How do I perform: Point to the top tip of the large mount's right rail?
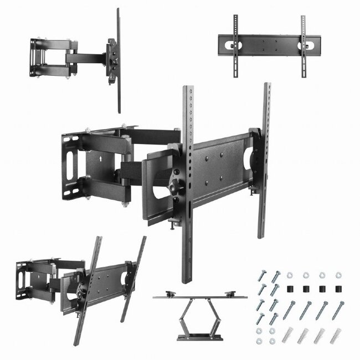coord(267,86)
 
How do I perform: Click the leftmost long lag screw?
coord(289,310)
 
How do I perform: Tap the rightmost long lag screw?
coord(337,310)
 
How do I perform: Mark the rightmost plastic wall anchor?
coord(336,335)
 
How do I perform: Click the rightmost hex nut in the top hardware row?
coord(338,274)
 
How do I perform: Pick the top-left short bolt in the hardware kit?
coord(261,276)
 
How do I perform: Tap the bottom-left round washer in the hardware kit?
coord(260,341)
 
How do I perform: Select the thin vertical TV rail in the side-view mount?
coord(118,61)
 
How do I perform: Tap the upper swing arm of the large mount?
coord(150,136)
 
